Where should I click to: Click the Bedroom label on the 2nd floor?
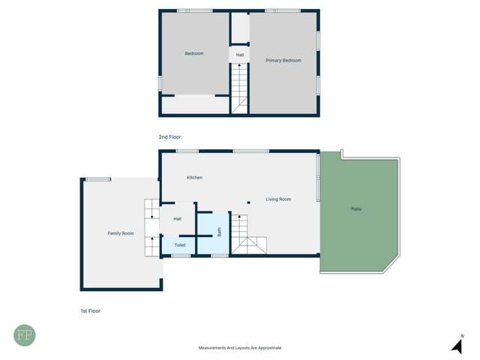coord(194,53)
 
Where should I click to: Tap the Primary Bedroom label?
coord(283,60)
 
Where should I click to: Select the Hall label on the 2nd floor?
coord(240,55)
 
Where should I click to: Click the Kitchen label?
coord(194,177)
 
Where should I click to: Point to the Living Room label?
coord(278,199)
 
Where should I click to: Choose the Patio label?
coord(356,208)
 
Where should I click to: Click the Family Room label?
coord(121,233)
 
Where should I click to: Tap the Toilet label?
coord(180,245)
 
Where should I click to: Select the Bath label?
coord(220,232)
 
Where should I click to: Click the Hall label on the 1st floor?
coord(178,219)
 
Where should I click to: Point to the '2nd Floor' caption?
coord(169,137)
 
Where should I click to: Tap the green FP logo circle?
coord(24,334)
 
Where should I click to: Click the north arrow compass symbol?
coord(457,345)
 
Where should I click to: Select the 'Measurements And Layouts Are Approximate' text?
coord(240,348)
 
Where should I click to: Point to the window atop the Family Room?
coord(97,179)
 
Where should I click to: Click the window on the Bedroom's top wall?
coord(194,10)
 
